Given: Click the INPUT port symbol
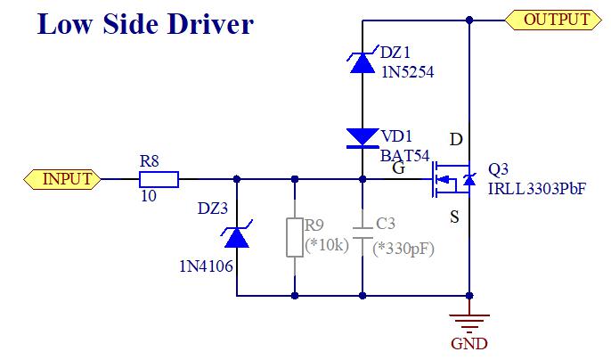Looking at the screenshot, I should pos(60,179).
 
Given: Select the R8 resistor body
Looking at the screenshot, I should pos(159,179).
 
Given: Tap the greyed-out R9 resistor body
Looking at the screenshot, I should pos(294,236).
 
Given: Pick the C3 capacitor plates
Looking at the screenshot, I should pos(363,235).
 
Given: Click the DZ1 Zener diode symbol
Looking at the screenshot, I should pos(363,61).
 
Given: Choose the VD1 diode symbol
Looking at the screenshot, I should pos(363,136).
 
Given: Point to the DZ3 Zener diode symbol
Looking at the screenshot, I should pos(236,236).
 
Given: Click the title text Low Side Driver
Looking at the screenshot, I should pos(144,24).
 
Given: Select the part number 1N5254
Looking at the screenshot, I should pos(407,74).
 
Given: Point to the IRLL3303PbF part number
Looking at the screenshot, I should pos(537,188).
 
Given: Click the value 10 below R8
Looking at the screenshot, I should pos(149,196).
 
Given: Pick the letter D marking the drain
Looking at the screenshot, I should pos(456,140).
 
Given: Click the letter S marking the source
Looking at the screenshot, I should pos(455,217).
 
